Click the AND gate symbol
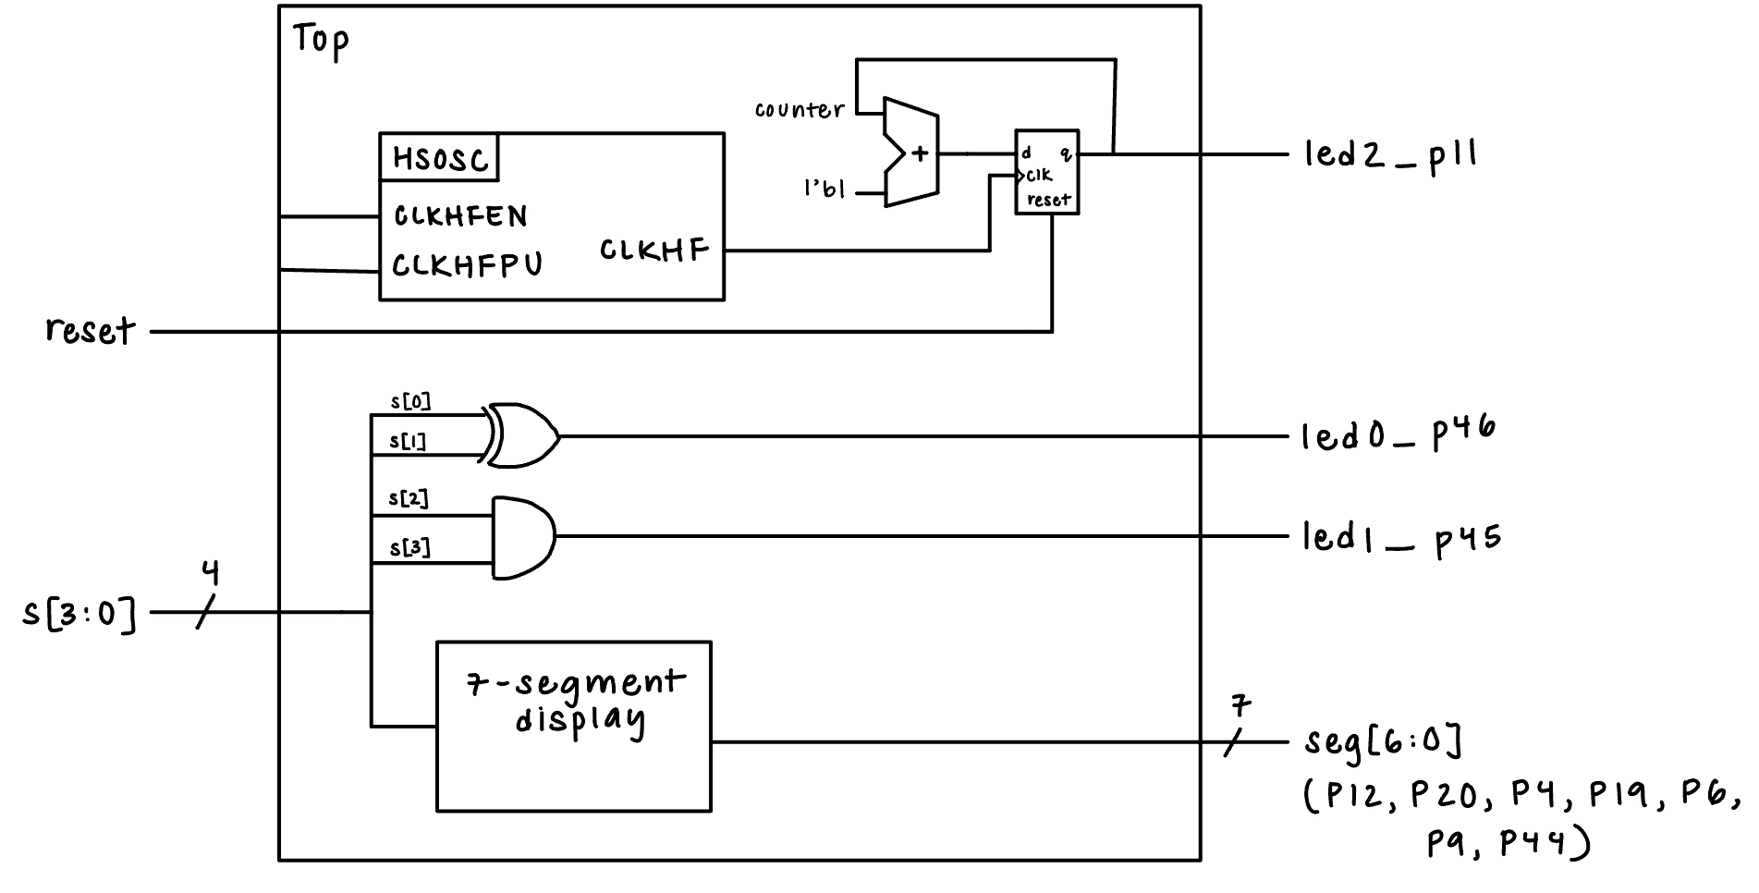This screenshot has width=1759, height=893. tap(523, 538)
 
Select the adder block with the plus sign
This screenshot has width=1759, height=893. tap(911, 153)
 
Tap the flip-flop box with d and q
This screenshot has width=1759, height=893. tap(1047, 172)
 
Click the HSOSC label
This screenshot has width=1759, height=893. tap(440, 159)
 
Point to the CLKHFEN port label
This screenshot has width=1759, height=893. tap(460, 216)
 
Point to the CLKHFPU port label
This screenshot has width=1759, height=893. tap(467, 265)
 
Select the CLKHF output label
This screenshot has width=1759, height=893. tap(654, 250)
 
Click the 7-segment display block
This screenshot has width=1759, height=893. tap(574, 727)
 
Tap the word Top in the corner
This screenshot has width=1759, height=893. tap(321, 41)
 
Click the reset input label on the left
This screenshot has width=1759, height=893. tap(91, 330)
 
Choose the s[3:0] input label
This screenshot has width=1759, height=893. tap(79, 613)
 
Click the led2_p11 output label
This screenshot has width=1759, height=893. tap(1390, 154)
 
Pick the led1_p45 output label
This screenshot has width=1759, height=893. tap(1401, 538)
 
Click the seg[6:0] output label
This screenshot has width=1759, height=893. tap(1383, 741)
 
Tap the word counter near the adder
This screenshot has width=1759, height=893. tap(800, 110)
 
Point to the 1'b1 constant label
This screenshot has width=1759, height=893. tap(825, 190)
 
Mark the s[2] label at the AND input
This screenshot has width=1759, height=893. tap(409, 499)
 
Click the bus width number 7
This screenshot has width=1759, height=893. tap(1241, 707)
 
